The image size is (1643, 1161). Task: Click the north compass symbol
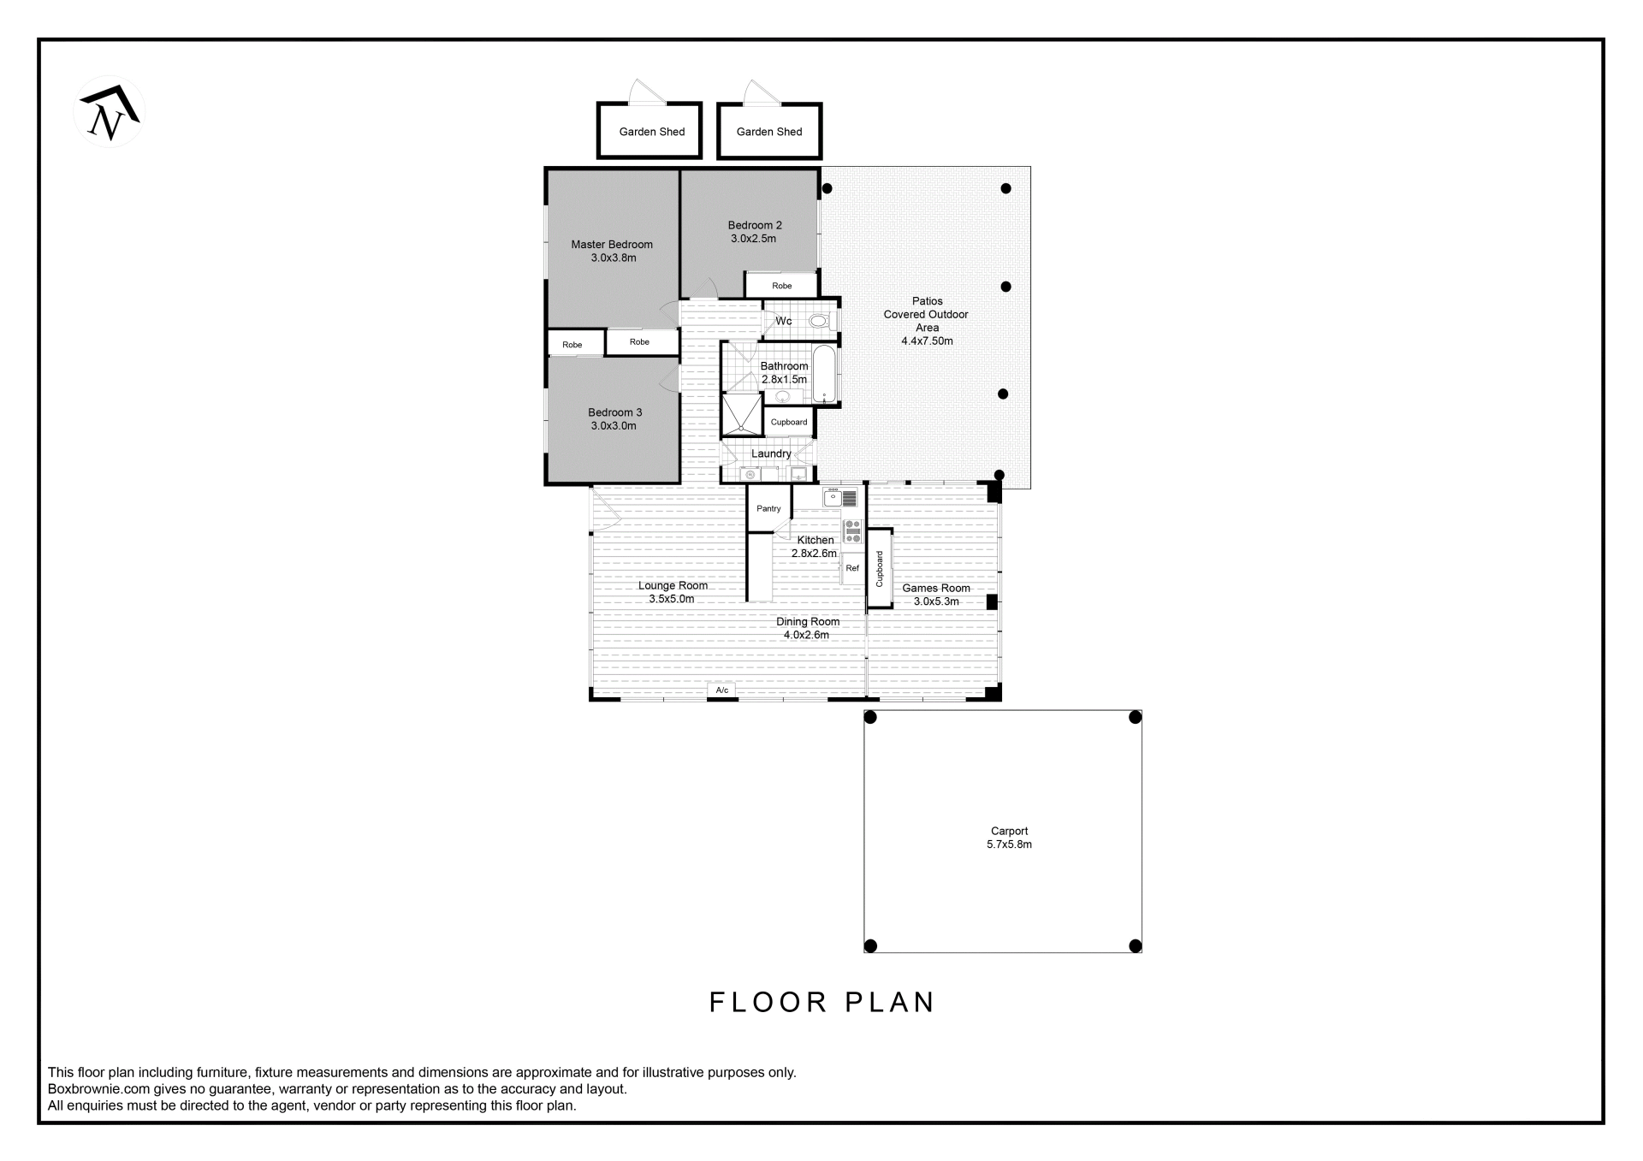[x=109, y=111]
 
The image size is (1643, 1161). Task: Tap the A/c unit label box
[x=722, y=690]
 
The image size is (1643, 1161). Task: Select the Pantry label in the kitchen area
[x=768, y=508]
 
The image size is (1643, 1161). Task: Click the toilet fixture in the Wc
[x=819, y=321]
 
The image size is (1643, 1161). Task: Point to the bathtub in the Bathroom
[x=825, y=374]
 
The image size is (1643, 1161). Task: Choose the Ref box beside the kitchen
[x=852, y=568]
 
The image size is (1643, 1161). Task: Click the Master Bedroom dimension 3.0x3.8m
[x=614, y=258]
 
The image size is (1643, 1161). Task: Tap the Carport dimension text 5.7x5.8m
[x=1009, y=844]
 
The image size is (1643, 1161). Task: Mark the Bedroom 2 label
[x=755, y=225]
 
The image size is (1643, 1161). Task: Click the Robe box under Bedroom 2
[x=781, y=285]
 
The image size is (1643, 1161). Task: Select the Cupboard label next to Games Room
[x=880, y=569]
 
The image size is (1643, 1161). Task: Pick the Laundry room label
[x=771, y=453]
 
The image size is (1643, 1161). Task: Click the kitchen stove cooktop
[x=852, y=531]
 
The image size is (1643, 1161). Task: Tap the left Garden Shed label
[x=652, y=132]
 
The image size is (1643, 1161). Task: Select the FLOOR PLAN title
[x=822, y=1002]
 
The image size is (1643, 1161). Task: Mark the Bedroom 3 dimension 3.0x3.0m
[x=614, y=425]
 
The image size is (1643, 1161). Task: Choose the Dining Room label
[x=808, y=621]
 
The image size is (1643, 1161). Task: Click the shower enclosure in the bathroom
[x=742, y=415]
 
